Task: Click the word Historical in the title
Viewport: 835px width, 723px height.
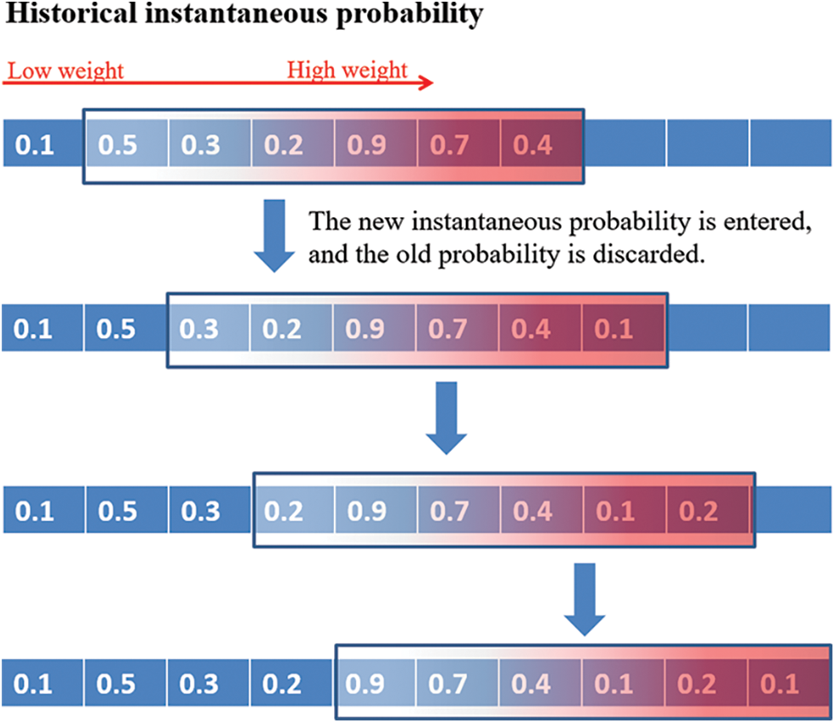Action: pos(71,13)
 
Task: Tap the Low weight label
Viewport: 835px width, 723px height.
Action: pos(66,71)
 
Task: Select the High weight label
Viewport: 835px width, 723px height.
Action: pos(348,71)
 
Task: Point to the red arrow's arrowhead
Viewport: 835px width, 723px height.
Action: pos(426,83)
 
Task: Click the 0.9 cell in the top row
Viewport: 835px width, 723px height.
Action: pos(376,143)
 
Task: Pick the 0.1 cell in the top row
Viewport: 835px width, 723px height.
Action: pos(43,143)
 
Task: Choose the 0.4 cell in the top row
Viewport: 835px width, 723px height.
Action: pos(540,143)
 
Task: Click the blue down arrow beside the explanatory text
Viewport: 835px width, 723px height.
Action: pos(274,235)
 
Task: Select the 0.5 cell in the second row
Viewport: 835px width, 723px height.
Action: pos(125,328)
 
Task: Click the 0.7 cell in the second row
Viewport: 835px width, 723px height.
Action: pos(457,328)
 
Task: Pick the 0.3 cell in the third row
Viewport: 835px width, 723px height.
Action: pos(210,509)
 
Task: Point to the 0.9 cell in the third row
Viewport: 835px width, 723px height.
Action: pos(376,509)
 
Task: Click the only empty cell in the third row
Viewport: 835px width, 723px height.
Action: pos(793,509)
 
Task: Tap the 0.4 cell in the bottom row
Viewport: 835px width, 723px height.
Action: pos(540,682)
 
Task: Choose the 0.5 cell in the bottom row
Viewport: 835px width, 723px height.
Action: pos(125,682)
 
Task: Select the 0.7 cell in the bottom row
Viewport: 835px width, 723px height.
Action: pos(457,682)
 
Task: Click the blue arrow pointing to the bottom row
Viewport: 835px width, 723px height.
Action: pos(584,599)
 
